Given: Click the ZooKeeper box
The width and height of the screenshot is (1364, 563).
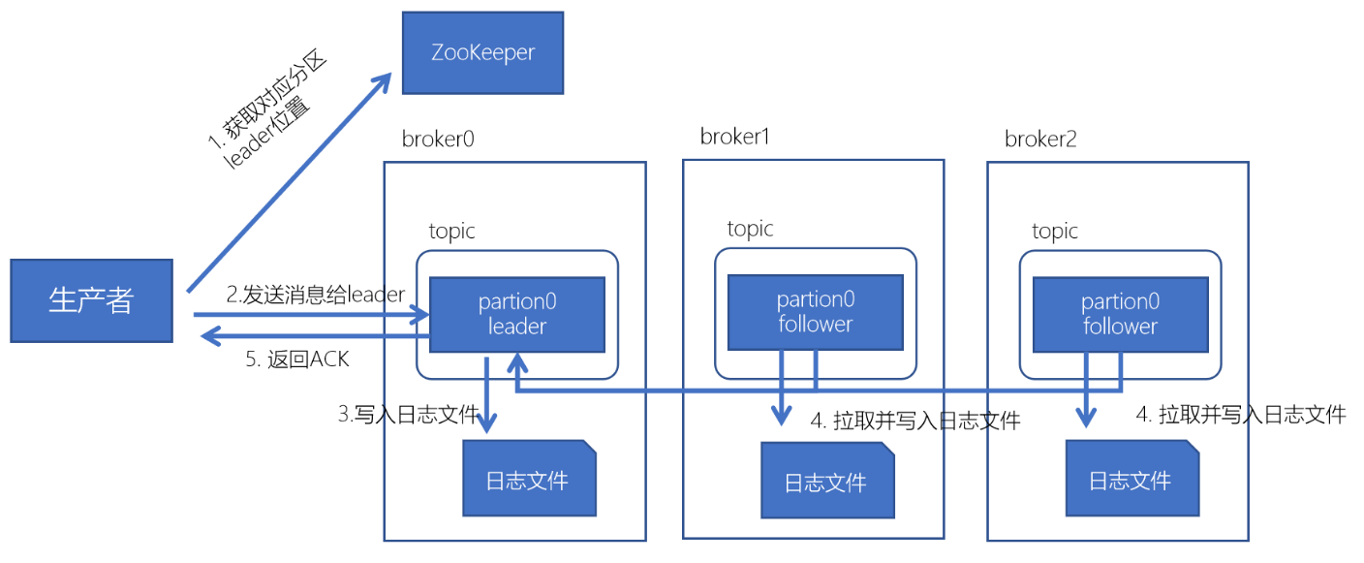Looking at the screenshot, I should (x=482, y=52).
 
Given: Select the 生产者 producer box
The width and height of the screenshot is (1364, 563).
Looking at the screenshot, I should (x=91, y=300).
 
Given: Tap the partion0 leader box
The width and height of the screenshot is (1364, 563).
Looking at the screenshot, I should (x=517, y=314).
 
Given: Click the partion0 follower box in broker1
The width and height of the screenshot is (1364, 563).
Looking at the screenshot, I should (x=815, y=312).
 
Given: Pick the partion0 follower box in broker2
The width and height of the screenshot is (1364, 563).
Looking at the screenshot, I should (x=1120, y=314).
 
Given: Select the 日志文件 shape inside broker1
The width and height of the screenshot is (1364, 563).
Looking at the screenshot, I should (x=825, y=482).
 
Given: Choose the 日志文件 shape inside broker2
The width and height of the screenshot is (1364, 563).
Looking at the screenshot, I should (x=1131, y=480).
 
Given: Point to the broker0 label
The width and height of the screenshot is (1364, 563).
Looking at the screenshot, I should (x=438, y=139).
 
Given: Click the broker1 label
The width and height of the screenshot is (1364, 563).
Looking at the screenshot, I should (x=734, y=137).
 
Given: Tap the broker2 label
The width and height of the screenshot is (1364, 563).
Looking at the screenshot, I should (x=1040, y=139).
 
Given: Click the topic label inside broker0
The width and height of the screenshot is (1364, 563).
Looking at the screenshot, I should (x=452, y=232).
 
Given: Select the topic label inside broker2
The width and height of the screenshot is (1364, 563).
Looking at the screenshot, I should (x=1055, y=232).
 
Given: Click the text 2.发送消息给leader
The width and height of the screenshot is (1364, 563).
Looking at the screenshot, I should (x=315, y=295).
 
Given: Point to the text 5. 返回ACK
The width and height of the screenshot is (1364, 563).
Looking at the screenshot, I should (x=296, y=360).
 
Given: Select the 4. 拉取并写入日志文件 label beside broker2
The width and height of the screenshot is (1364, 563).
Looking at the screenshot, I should (x=1240, y=415).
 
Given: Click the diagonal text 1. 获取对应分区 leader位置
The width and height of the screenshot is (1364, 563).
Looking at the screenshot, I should (x=266, y=116).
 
